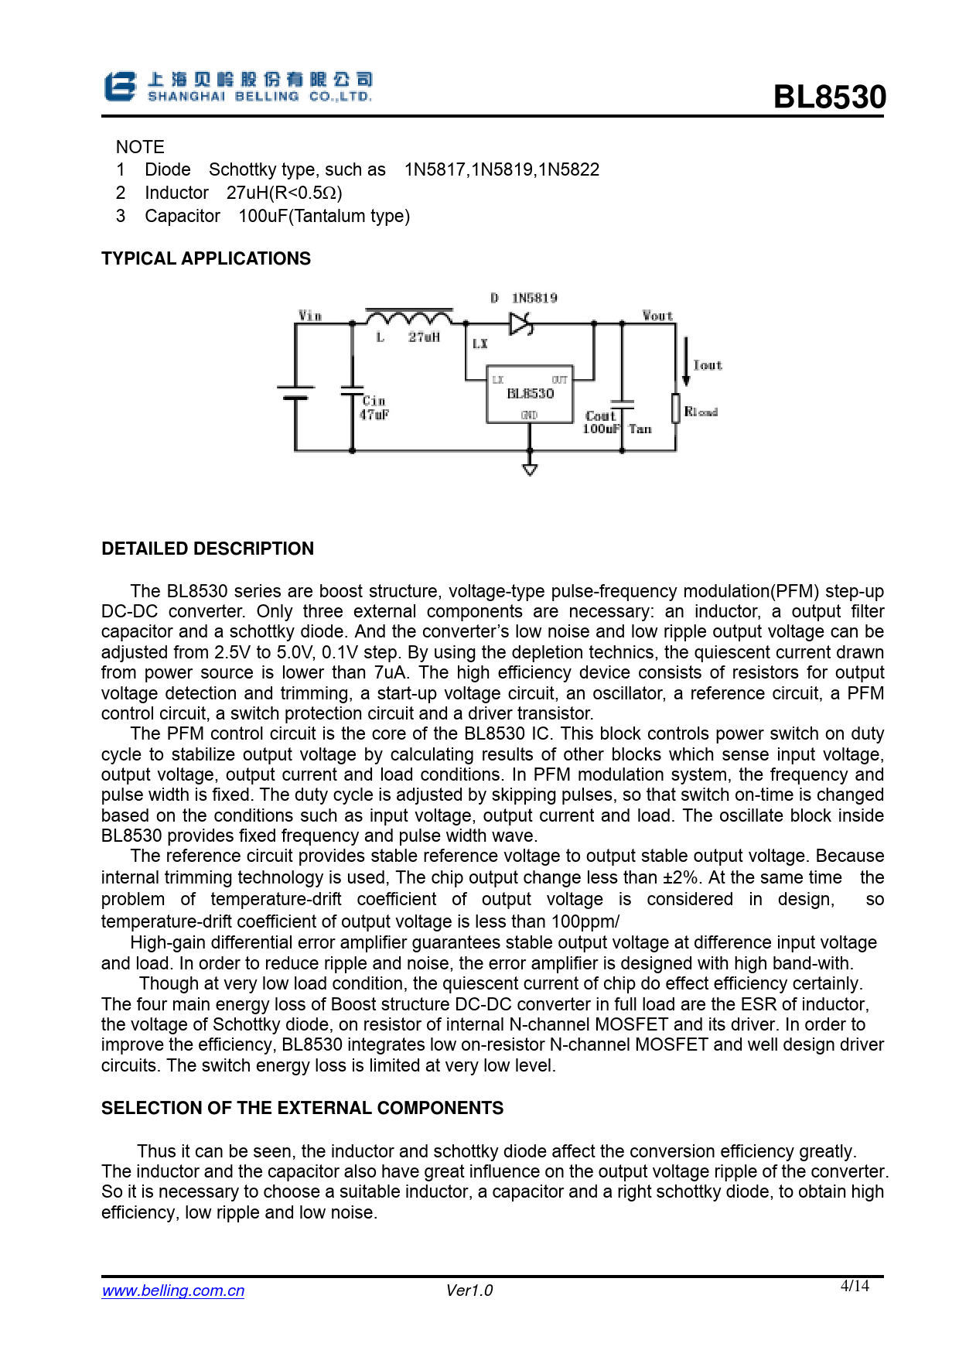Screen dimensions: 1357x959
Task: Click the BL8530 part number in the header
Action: point(829,97)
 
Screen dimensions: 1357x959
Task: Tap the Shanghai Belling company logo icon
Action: point(120,87)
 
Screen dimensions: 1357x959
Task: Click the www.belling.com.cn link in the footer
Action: point(173,1290)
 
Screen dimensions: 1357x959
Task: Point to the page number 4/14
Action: point(855,1286)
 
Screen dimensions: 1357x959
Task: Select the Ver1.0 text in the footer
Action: point(469,1290)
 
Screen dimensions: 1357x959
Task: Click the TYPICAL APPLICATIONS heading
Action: point(206,258)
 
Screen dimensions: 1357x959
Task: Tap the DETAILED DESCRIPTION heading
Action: point(207,549)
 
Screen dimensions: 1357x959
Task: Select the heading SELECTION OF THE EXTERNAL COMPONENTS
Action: point(302,1108)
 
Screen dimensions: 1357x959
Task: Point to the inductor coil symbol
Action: point(409,317)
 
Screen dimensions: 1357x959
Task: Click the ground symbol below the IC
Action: point(530,469)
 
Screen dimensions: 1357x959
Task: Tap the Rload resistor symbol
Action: point(675,408)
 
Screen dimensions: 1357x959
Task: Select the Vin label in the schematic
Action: point(310,316)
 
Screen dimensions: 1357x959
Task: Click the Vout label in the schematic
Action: point(657,316)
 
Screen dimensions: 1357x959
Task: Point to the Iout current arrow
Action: point(686,362)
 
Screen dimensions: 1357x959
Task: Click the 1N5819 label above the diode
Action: point(534,298)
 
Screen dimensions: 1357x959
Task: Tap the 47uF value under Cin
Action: point(374,415)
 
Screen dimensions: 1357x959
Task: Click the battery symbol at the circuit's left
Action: point(295,392)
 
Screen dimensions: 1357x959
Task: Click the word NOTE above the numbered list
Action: point(140,147)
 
